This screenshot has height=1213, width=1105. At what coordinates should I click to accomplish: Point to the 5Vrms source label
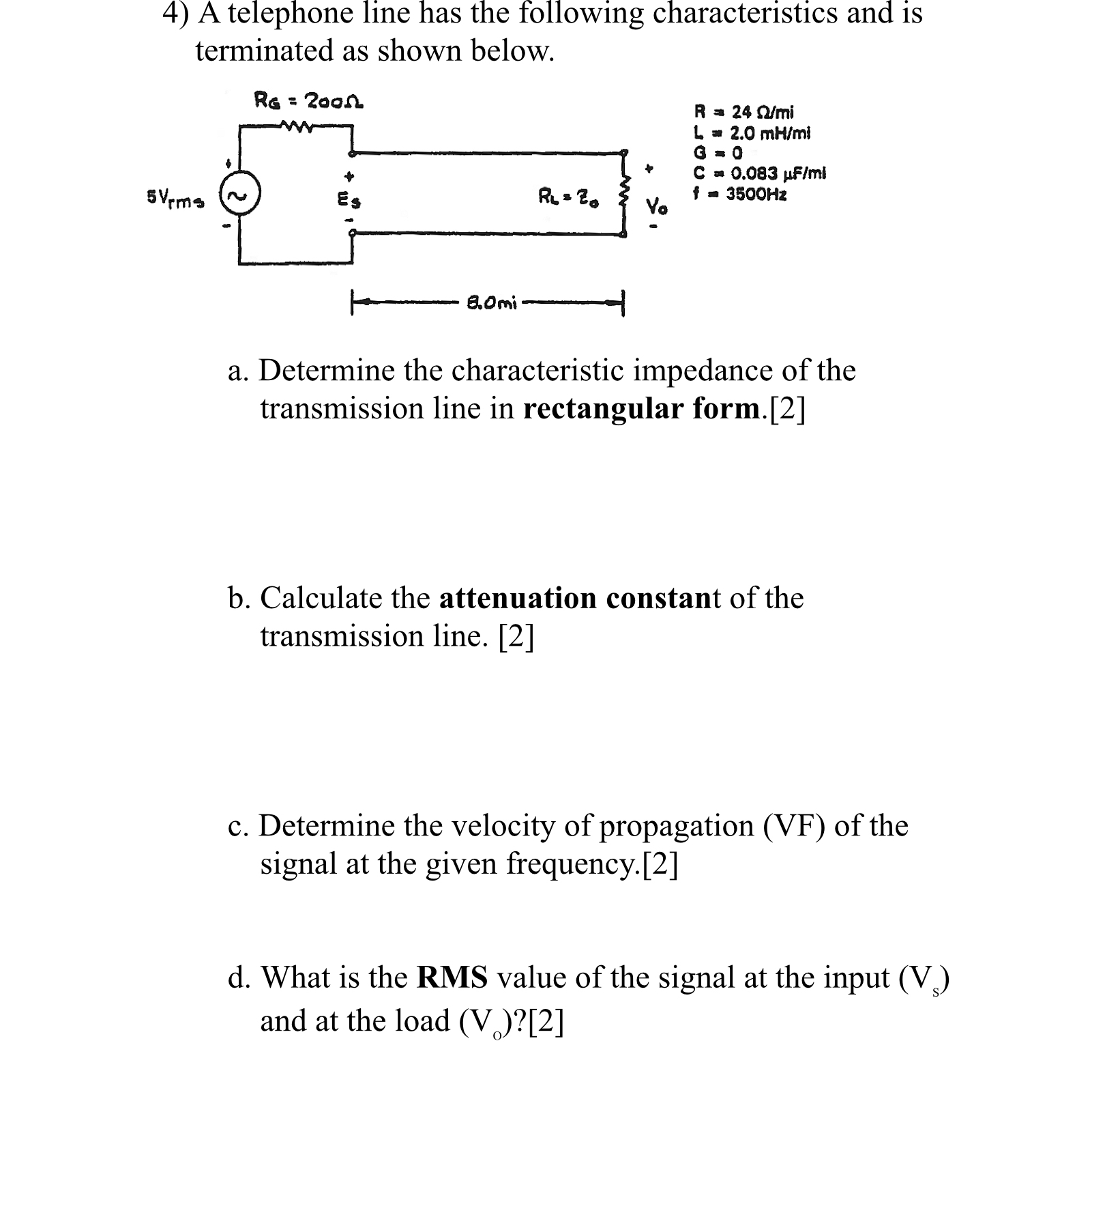pos(175,197)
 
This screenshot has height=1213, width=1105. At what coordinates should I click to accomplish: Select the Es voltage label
pos(350,201)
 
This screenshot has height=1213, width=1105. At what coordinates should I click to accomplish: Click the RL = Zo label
pos(569,199)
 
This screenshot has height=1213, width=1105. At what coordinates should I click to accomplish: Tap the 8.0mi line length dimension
pos(491,302)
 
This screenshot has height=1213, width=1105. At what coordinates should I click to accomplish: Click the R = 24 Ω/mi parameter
pos(743,111)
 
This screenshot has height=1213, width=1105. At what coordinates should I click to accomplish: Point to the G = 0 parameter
pos(718,152)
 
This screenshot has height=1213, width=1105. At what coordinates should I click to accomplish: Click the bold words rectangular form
pos(641,408)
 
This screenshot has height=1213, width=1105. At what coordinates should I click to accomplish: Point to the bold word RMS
pos(452,977)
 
